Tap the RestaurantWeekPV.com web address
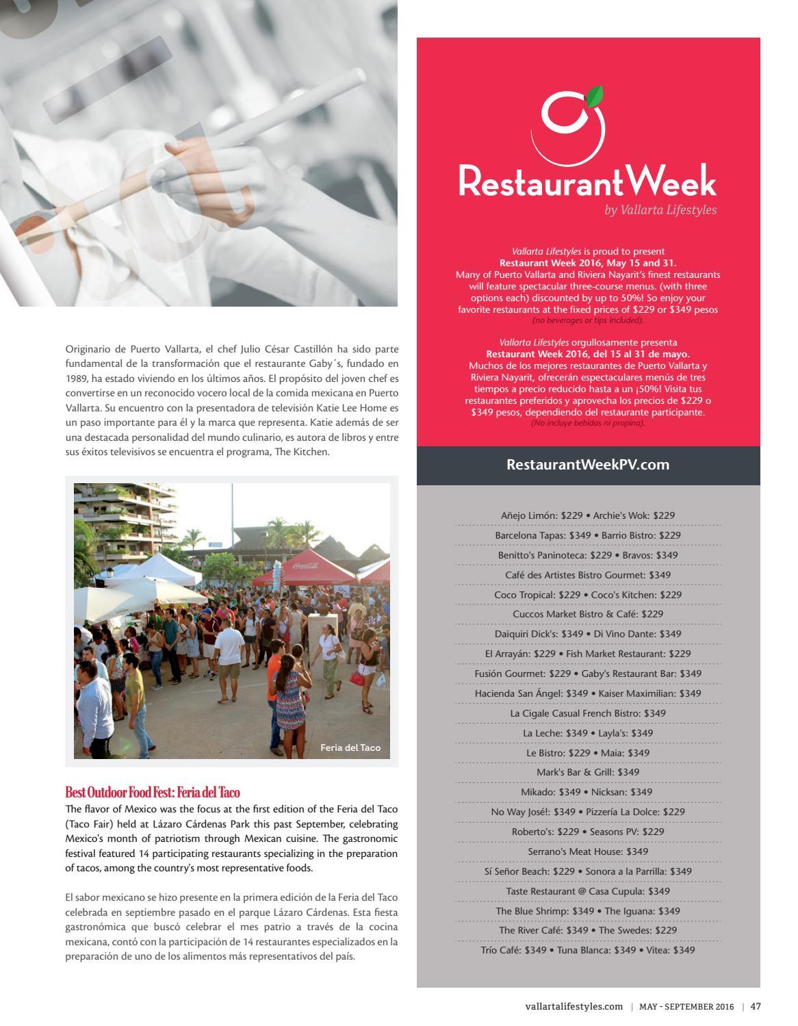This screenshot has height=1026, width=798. [x=588, y=465]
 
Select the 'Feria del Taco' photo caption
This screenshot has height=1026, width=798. [x=350, y=747]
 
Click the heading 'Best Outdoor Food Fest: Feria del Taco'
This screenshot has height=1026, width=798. [x=153, y=793]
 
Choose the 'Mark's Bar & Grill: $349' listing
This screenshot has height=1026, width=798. [x=588, y=772]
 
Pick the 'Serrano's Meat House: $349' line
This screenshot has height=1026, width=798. [x=588, y=851]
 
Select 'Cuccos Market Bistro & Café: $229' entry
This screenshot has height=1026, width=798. [x=588, y=614]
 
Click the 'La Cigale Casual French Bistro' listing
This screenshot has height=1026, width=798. [x=588, y=713]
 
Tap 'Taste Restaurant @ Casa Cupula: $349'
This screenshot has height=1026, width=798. [x=588, y=891]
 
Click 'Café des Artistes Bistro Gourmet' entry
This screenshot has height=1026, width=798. [x=588, y=575]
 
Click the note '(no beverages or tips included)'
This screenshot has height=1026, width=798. [x=588, y=320]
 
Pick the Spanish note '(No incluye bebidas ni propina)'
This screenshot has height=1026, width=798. [x=588, y=423]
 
